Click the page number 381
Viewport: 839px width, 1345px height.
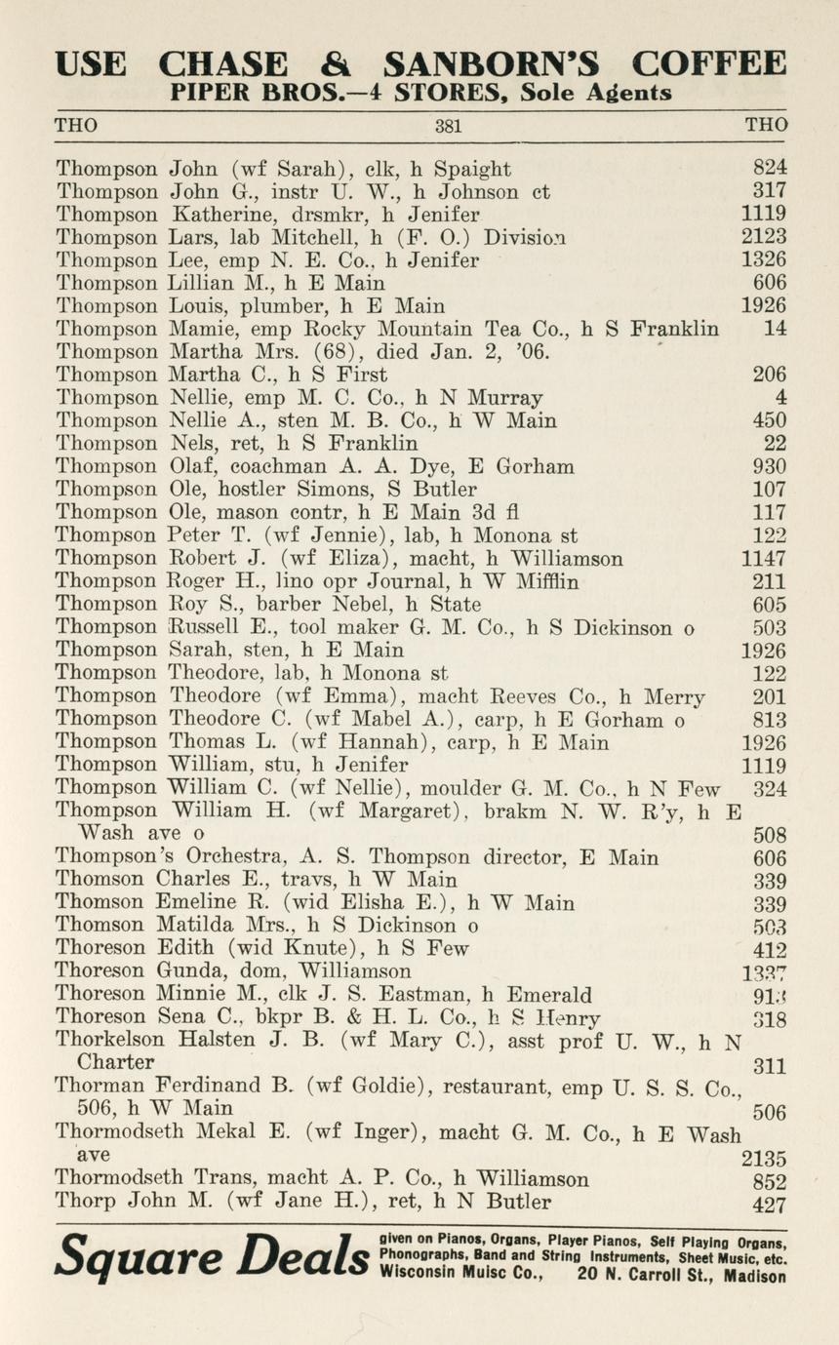[x=449, y=126]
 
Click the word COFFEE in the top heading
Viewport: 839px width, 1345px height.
[x=708, y=63]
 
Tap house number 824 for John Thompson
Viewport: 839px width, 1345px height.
[x=770, y=168]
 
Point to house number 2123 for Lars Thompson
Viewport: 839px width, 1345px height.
[x=764, y=237]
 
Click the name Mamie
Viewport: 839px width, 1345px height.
[x=201, y=329]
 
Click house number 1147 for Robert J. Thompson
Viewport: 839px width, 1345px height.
[x=764, y=559]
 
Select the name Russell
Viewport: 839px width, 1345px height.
[x=205, y=627]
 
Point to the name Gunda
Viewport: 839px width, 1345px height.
[x=187, y=971]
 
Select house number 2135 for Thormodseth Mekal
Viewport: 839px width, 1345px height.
[x=764, y=1159]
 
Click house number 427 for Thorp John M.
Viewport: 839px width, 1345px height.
[x=770, y=1205]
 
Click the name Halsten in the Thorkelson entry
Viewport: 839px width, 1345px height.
[x=203, y=1041]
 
